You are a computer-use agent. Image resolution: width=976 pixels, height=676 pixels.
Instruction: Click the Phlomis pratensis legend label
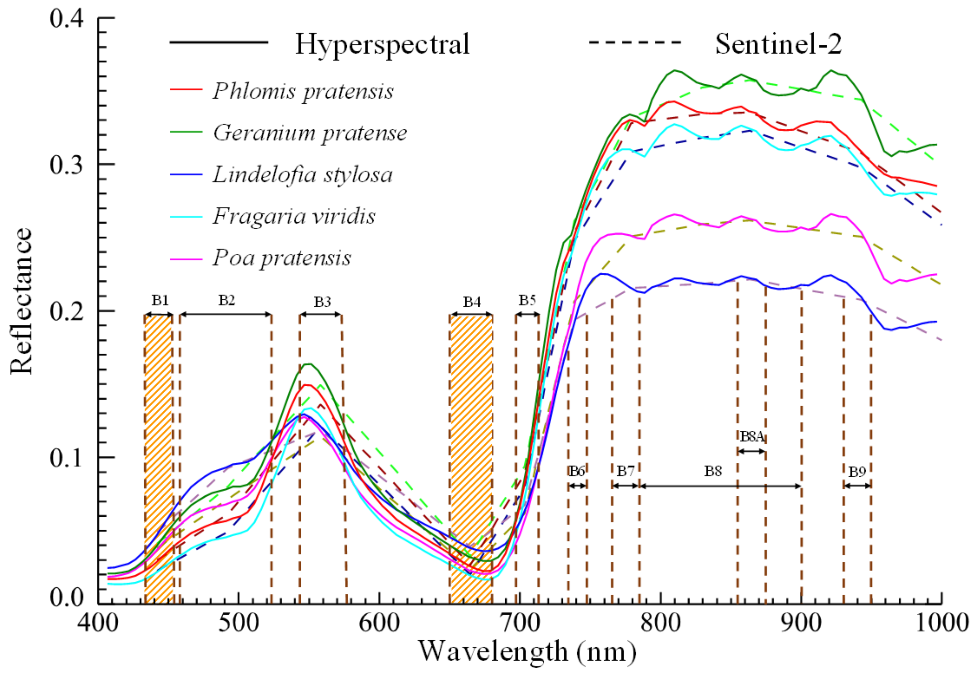(303, 91)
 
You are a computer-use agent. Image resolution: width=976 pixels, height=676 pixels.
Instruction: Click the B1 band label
(160, 300)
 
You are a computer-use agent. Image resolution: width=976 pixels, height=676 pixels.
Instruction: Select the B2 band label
(227, 300)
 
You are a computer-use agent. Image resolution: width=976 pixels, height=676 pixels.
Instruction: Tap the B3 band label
(322, 302)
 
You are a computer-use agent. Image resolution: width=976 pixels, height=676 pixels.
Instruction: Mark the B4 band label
(472, 302)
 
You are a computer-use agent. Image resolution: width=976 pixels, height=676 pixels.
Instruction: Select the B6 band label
(577, 471)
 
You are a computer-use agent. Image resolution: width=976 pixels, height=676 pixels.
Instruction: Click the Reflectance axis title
(21, 301)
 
